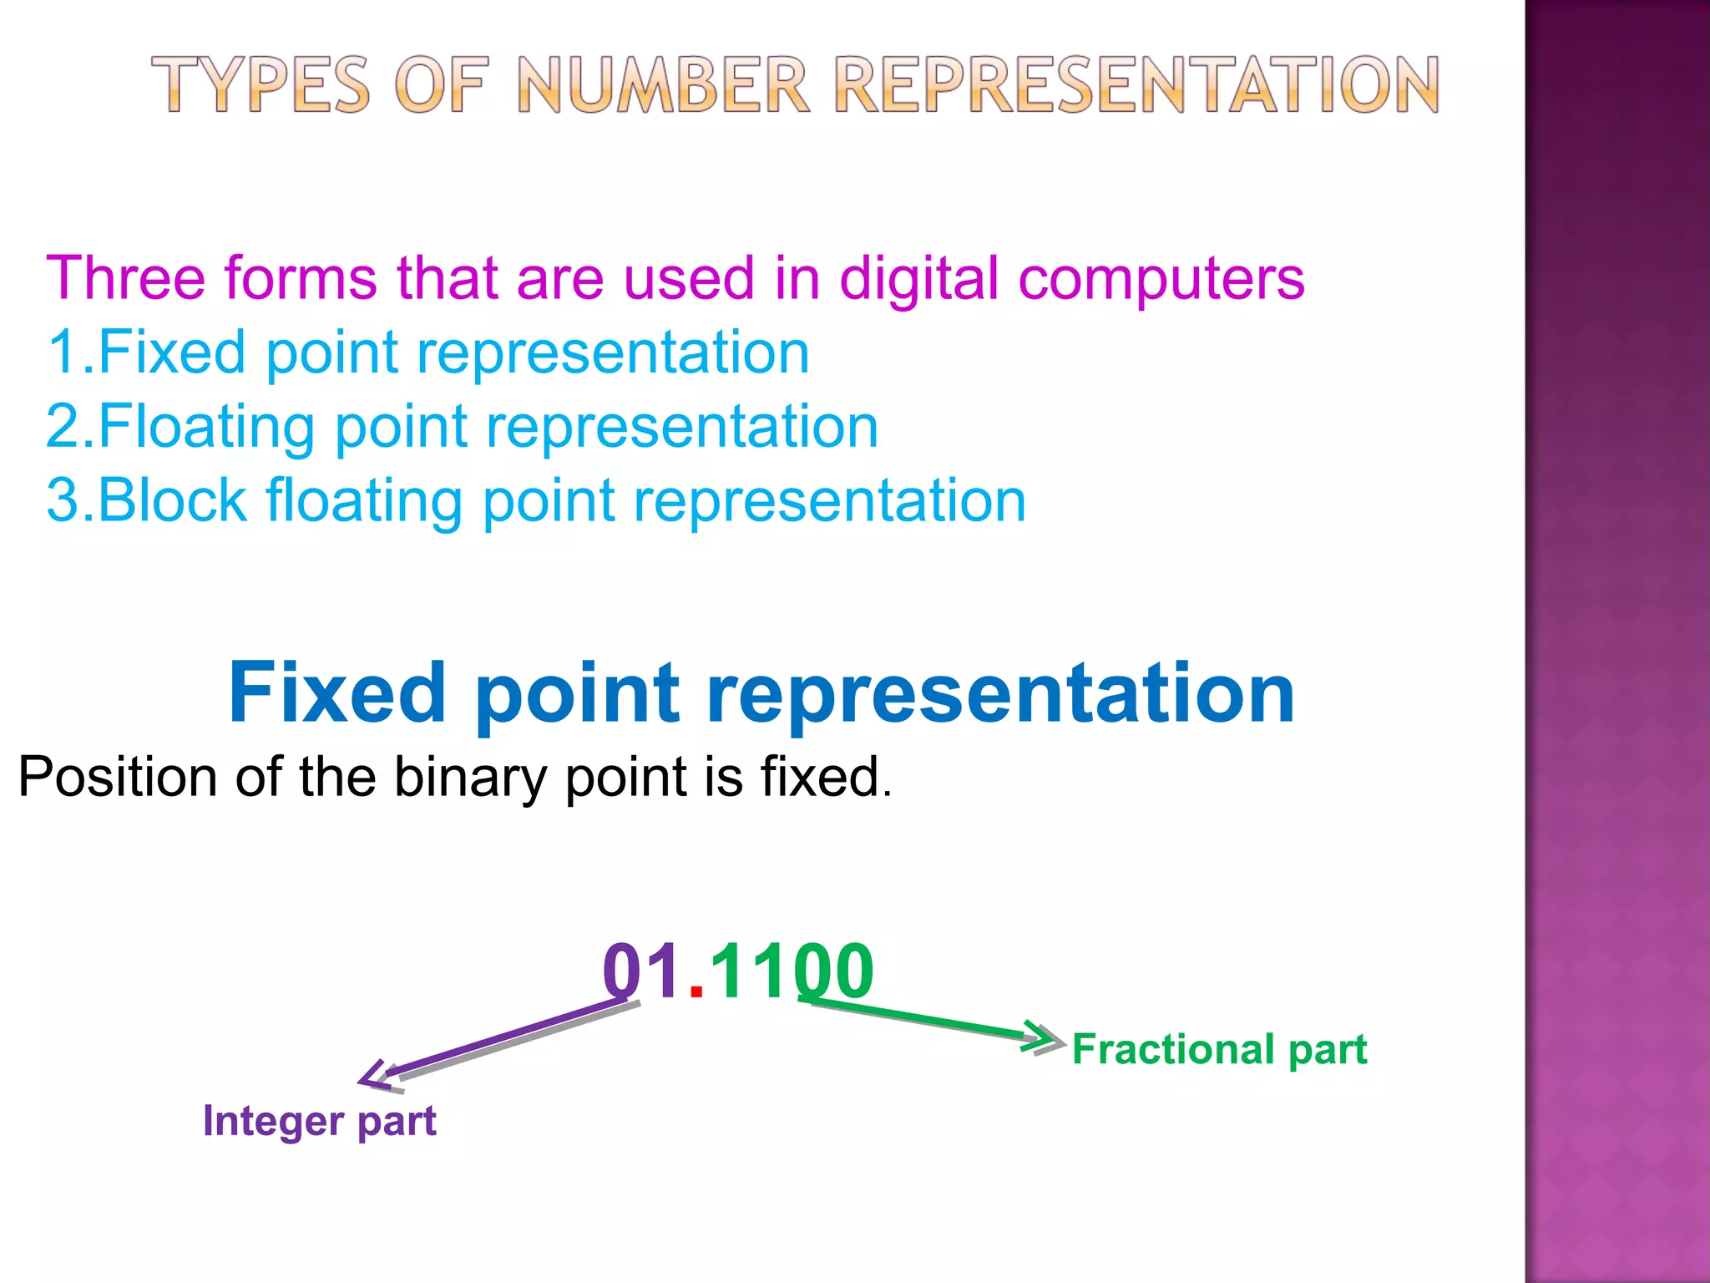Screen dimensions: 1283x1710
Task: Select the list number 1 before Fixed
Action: tap(63, 352)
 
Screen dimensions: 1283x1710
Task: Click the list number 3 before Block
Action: tap(63, 500)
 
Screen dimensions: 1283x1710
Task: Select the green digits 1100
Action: tap(791, 971)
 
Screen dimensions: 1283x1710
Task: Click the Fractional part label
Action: tap(1219, 1049)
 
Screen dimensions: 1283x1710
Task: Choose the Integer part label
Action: tap(320, 1121)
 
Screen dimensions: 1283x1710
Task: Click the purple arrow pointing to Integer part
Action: tap(501, 1040)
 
